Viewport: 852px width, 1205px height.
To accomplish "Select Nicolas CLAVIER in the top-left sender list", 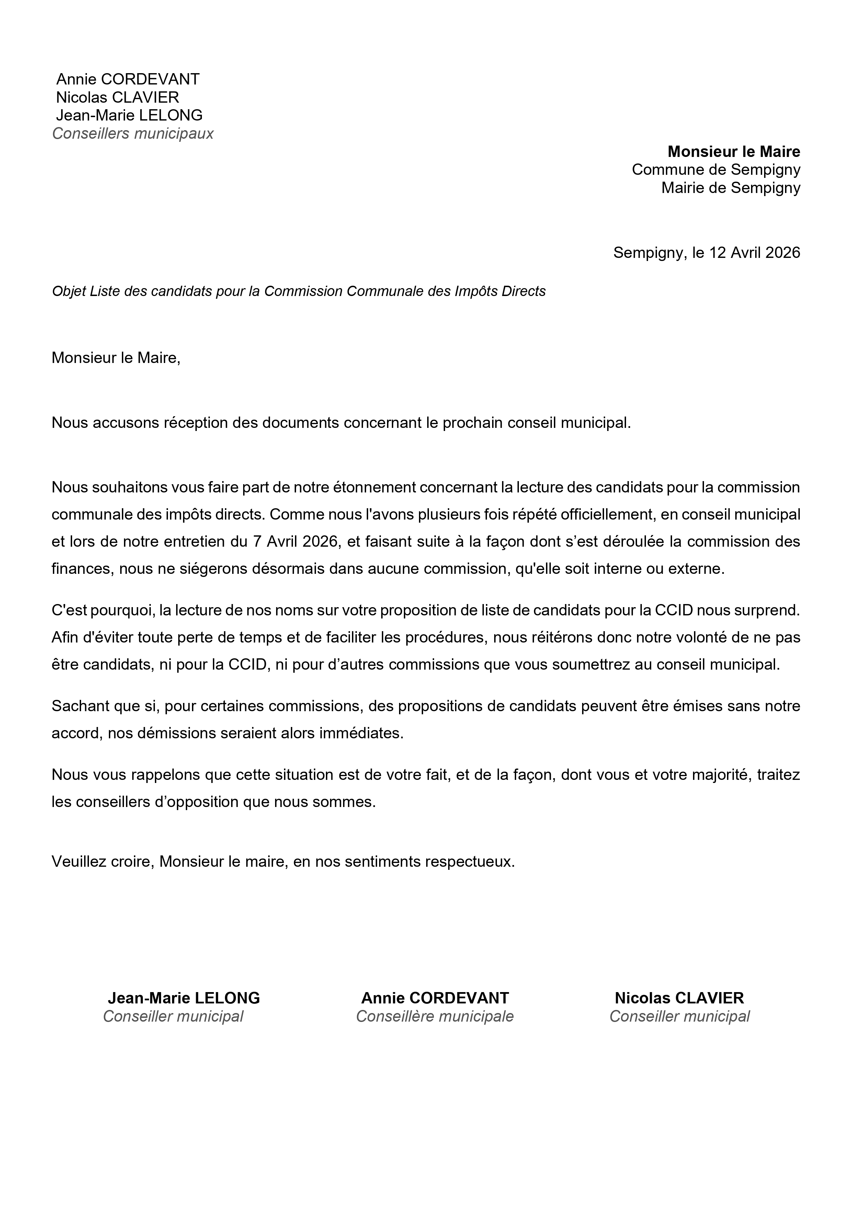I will (x=117, y=97).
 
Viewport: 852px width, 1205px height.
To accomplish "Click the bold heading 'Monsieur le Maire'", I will (x=734, y=152).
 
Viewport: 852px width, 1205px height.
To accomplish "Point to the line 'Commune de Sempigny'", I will (x=716, y=170).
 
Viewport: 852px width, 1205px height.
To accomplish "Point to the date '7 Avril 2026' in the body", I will (x=295, y=542).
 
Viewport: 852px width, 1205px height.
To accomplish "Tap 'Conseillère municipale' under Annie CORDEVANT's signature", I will (x=435, y=1016).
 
